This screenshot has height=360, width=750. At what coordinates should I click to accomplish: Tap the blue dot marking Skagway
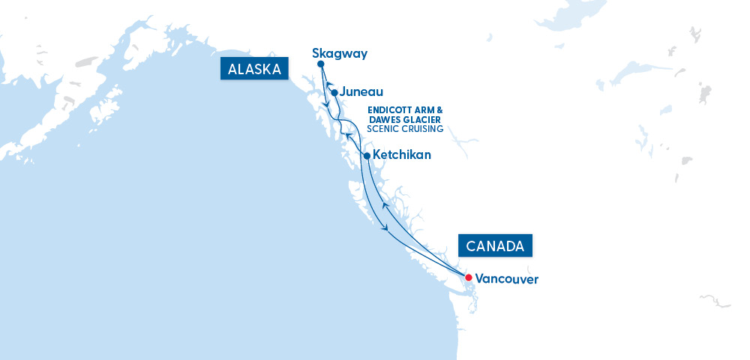(x=320, y=64)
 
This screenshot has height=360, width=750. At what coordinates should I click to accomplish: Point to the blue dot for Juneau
(x=334, y=93)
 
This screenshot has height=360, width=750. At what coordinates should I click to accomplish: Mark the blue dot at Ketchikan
(x=366, y=156)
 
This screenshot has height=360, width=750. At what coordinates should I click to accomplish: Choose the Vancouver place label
(x=506, y=278)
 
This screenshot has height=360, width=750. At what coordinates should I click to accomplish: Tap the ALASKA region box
(x=255, y=70)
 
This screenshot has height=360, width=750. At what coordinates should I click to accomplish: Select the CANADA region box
(x=496, y=246)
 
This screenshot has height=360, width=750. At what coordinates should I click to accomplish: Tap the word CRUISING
(x=421, y=129)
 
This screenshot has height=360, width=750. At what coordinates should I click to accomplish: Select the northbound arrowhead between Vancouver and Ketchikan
(x=385, y=205)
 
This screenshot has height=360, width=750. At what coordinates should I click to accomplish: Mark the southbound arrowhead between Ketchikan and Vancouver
(x=385, y=228)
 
